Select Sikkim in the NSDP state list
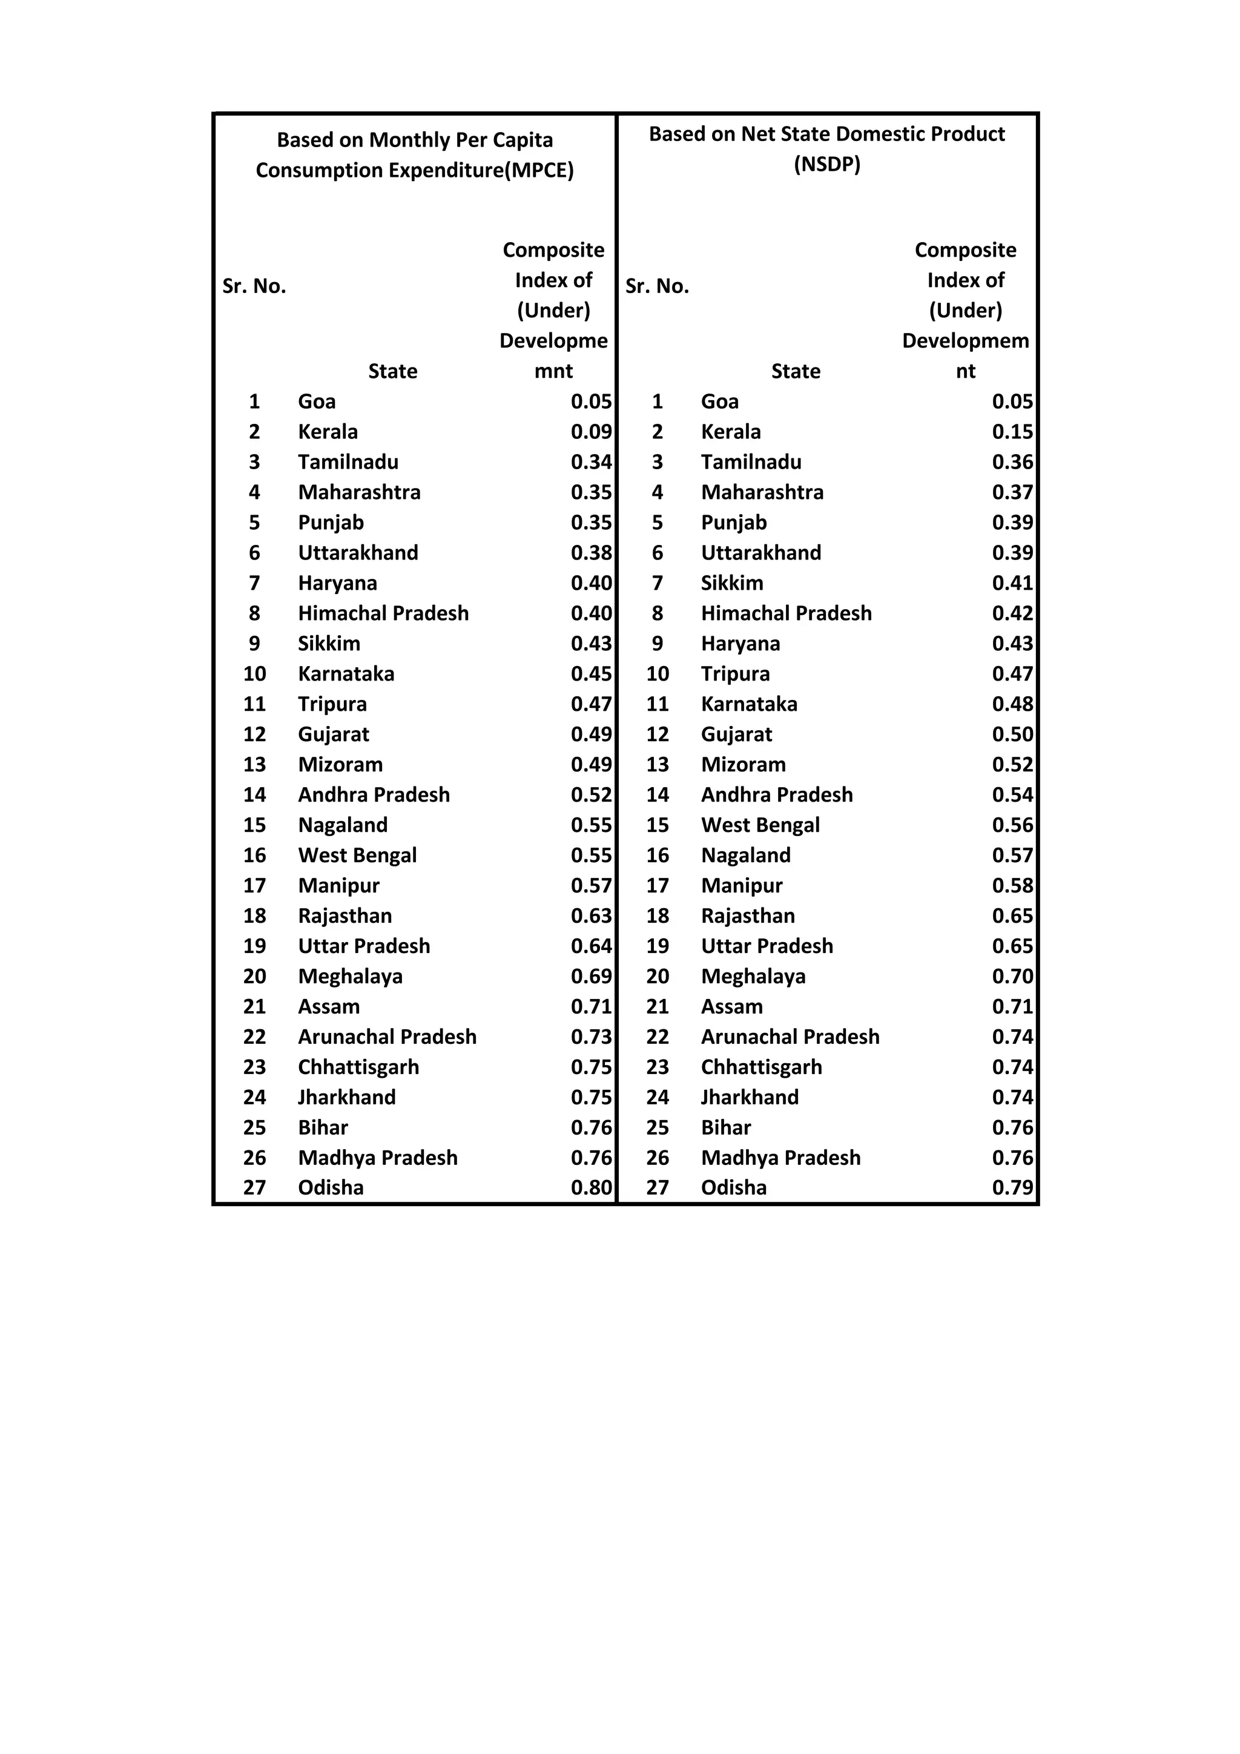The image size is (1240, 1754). point(732,583)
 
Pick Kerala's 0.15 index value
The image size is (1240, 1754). point(1012,432)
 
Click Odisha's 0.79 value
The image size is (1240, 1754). point(1012,1187)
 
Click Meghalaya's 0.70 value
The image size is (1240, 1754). point(1012,977)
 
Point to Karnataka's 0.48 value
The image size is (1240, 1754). point(1012,704)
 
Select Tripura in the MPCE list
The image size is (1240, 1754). point(332,704)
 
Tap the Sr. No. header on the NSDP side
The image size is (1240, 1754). point(657,286)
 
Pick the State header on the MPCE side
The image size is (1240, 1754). point(393,371)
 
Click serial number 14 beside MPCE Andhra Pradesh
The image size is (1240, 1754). point(254,794)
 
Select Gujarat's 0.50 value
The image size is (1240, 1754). point(1012,734)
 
